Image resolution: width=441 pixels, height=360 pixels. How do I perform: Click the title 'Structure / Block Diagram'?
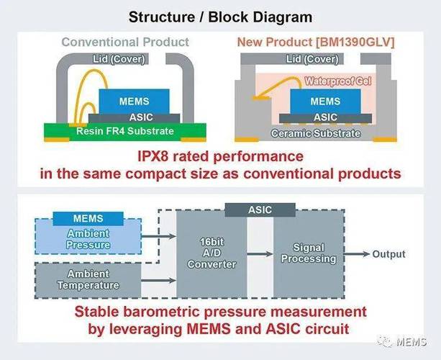click(221, 16)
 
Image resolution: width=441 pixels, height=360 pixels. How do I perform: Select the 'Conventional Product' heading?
click(125, 42)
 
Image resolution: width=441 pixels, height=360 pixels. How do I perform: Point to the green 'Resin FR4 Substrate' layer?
click(125, 131)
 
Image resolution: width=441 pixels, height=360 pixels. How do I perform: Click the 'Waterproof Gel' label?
click(336, 81)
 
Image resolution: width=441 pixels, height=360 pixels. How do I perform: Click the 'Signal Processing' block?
click(309, 253)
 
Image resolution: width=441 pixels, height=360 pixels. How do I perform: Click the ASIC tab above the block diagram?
click(260, 209)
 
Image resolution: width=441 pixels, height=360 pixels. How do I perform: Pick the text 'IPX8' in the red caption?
click(156, 156)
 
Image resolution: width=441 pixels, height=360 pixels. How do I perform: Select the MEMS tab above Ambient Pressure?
click(88, 218)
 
